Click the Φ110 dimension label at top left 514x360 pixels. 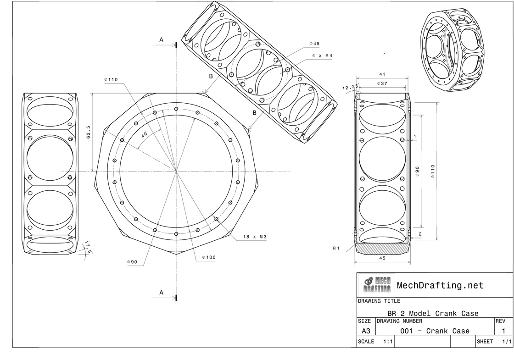click(111, 80)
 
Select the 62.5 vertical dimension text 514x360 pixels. click(89, 132)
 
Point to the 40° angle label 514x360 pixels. click(144, 135)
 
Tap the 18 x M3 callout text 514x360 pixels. click(255, 237)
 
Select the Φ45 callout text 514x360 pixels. click(314, 44)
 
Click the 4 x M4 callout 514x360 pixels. click(322, 55)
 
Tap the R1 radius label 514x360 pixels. click(336, 248)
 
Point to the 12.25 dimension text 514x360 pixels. click(350, 87)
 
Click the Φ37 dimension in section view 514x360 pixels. click(382, 83)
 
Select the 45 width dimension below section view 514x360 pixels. click(382, 258)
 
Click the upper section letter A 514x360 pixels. click(161, 40)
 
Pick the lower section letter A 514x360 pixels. click(161, 292)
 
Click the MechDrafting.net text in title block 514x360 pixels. click(440, 285)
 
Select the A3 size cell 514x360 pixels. click(366, 331)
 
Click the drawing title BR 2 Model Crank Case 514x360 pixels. click(433, 314)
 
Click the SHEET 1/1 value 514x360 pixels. click(507, 342)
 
